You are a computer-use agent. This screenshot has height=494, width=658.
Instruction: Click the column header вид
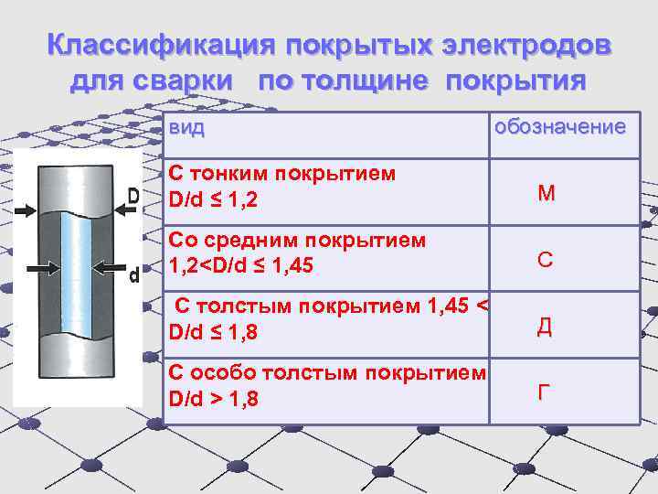click(186, 128)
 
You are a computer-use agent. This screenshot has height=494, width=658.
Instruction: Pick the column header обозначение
click(559, 126)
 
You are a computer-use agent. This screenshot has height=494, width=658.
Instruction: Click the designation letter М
click(547, 193)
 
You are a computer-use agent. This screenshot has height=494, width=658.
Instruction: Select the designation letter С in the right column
click(545, 260)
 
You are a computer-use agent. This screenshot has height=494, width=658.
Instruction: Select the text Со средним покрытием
click(297, 241)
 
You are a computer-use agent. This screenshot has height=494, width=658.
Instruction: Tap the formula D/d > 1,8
click(213, 399)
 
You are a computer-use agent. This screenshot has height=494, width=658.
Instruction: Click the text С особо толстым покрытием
click(327, 373)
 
